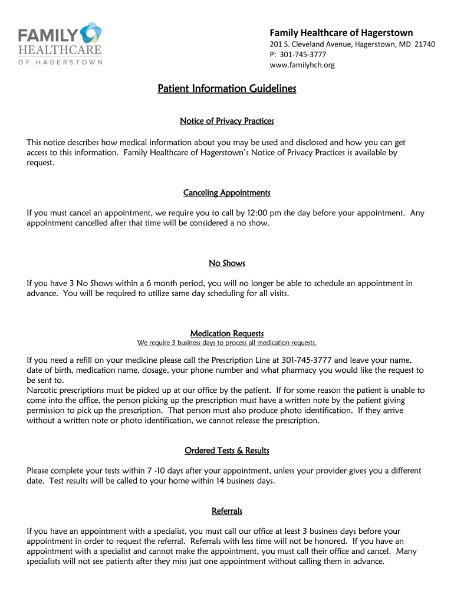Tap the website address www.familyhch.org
coord(302,65)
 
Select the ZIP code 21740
coord(425,44)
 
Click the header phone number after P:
coord(303,54)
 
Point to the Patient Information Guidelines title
coord(227,89)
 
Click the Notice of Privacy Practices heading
coord(227,121)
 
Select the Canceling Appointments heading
coord(227,193)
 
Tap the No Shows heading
coord(227,263)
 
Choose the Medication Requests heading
coord(227,333)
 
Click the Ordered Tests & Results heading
coord(227,451)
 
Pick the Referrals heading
coord(227,511)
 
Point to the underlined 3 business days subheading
coord(227,343)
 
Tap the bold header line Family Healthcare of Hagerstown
coord(341,32)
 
